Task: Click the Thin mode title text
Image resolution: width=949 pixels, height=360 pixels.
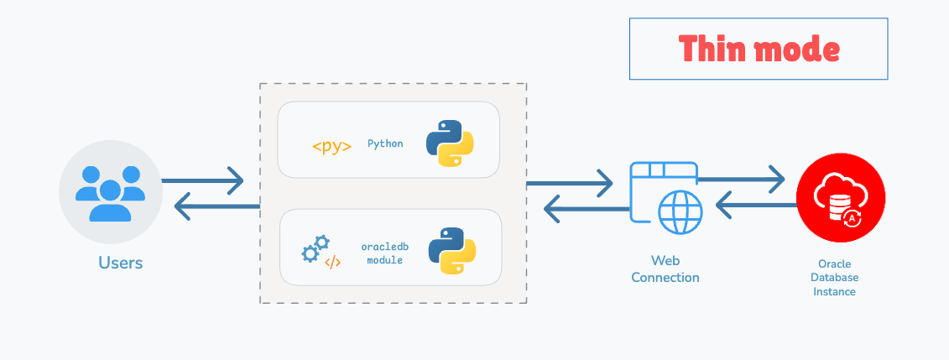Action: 759,49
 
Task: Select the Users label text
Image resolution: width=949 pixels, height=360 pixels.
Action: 121,263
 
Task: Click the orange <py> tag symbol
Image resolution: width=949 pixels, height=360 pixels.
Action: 331,146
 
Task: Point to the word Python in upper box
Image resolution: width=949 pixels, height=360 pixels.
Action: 385,143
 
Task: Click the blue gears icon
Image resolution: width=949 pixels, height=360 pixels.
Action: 314,248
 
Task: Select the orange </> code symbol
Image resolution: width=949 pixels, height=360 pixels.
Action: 333,262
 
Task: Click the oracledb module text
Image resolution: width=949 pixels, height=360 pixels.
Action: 384,253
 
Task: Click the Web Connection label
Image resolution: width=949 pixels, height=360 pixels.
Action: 665,269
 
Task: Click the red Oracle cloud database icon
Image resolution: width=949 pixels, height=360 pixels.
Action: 841,197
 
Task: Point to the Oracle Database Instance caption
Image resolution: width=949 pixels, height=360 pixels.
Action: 834,278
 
